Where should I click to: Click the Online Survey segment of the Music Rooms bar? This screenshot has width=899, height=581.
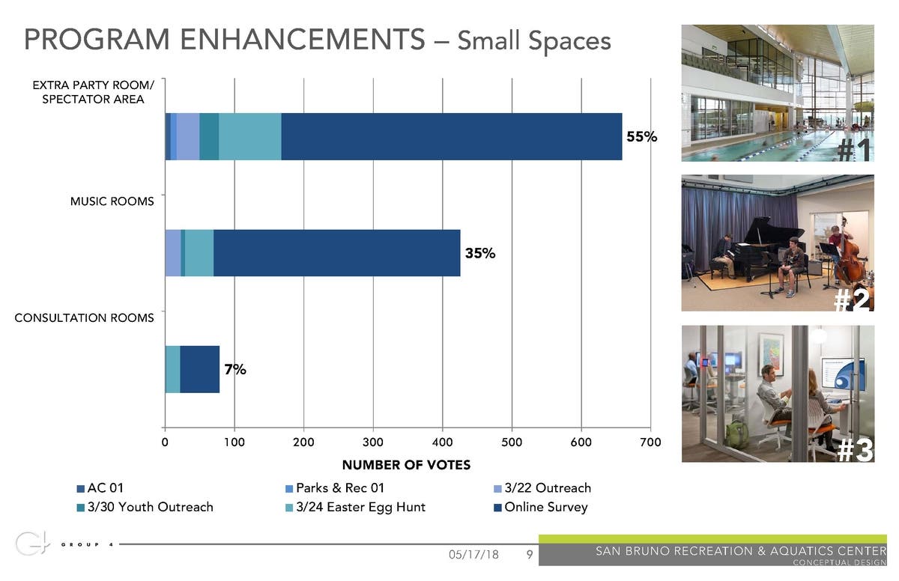point(337,253)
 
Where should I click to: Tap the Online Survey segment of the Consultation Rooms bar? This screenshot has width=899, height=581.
point(199,369)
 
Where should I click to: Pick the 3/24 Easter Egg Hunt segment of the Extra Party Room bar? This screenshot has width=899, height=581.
point(249,136)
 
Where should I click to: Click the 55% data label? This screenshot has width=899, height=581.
point(641,137)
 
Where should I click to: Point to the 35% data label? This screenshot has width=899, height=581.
point(480,253)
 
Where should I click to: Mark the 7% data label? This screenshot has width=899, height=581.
point(234,369)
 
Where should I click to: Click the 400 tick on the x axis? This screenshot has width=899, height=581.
point(442,442)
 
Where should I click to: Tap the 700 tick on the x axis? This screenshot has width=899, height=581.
point(650,442)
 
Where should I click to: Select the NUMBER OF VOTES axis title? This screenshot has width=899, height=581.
point(406,465)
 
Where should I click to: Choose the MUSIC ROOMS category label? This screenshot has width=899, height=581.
point(112,201)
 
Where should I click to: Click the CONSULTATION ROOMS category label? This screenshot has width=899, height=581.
point(85,317)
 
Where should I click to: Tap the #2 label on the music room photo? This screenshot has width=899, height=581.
point(853,299)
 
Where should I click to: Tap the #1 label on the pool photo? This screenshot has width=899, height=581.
point(854,150)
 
